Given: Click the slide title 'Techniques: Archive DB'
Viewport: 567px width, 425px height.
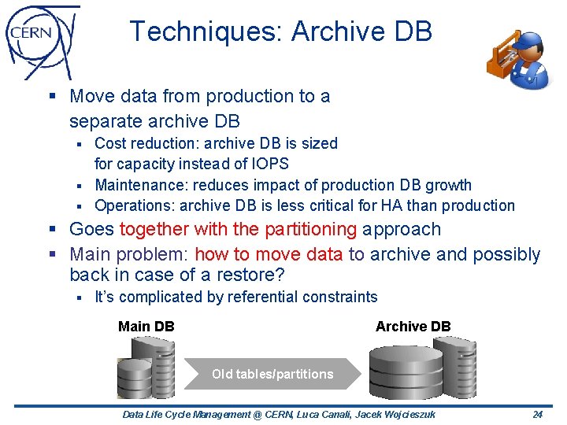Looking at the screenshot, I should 280,31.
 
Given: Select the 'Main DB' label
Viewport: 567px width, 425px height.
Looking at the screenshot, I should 146,326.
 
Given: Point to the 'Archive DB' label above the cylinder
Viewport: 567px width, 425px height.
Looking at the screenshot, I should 413,326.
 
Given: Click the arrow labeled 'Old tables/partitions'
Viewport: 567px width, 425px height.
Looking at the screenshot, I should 272,374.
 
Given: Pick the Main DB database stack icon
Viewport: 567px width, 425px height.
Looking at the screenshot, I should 146,370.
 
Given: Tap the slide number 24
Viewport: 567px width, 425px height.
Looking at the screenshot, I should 538,415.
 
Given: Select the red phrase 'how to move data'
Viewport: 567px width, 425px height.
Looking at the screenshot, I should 269,254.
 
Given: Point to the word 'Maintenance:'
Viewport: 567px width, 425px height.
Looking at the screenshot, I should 130,185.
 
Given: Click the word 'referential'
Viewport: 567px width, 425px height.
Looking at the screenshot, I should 266,297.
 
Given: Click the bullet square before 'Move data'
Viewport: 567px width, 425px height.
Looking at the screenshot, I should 53,97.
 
